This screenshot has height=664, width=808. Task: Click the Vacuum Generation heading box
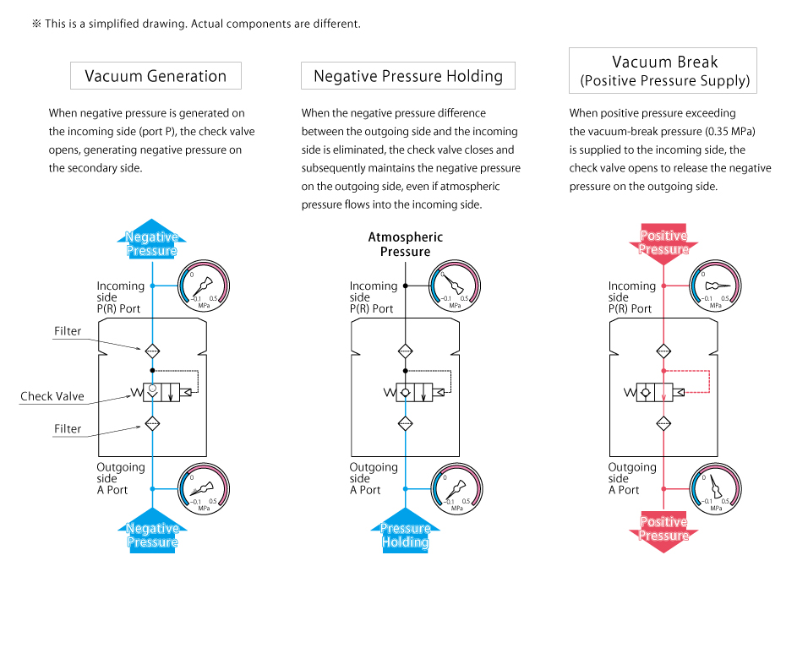click(156, 76)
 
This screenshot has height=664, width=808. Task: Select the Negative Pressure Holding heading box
click(408, 76)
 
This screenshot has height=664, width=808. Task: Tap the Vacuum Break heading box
click(663, 70)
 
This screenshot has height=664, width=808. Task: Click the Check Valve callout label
click(52, 396)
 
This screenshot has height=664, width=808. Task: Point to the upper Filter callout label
click(68, 331)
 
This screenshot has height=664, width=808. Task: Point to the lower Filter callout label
click(68, 428)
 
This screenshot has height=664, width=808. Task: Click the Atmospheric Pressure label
click(405, 244)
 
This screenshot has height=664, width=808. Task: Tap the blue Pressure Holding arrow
click(405, 531)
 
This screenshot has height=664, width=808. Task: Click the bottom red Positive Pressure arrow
click(663, 531)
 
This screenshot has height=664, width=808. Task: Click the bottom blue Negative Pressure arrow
click(152, 532)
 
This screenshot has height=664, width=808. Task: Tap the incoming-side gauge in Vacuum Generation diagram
click(204, 286)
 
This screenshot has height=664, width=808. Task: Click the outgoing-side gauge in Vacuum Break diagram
click(716, 490)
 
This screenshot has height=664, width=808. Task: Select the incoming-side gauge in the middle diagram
click(456, 286)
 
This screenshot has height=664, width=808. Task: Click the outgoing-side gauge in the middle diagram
click(456, 490)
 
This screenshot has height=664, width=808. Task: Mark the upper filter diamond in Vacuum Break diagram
click(664, 351)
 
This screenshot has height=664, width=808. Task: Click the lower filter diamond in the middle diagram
click(405, 424)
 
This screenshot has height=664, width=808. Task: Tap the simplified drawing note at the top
click(196, 24)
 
